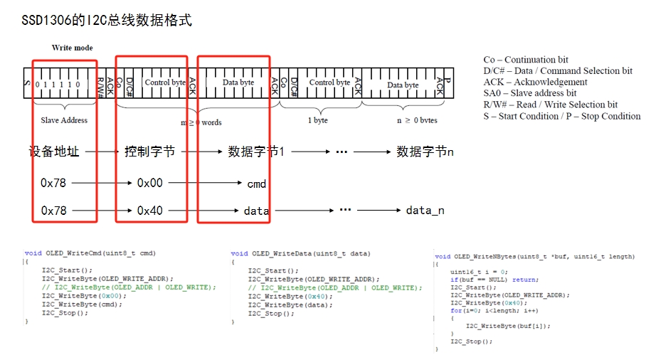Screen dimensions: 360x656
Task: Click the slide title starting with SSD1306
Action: coord(107,20)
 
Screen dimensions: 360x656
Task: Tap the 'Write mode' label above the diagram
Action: coord(72,48)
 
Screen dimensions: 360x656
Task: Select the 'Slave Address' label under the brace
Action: coord(64,120)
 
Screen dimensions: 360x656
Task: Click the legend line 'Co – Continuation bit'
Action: coord(526,60)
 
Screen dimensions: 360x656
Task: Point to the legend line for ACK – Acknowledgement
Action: coord(535,82)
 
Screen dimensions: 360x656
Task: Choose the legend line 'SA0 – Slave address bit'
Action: coord(529,93)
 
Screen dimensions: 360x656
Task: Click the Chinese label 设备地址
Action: coord(54,152)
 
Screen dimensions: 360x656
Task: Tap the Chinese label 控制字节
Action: coord(149,152)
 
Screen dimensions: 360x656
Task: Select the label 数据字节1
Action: coord(256,152)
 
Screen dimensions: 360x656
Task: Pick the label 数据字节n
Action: coord(425,152)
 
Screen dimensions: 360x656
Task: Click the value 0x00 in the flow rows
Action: coord(149,183)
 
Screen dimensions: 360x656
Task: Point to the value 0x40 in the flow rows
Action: coord(149,211)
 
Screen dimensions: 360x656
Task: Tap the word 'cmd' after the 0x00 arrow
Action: coord(257,184)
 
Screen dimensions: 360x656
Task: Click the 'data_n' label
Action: coord(425,211)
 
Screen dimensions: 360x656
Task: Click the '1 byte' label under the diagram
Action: coord(318,120)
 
